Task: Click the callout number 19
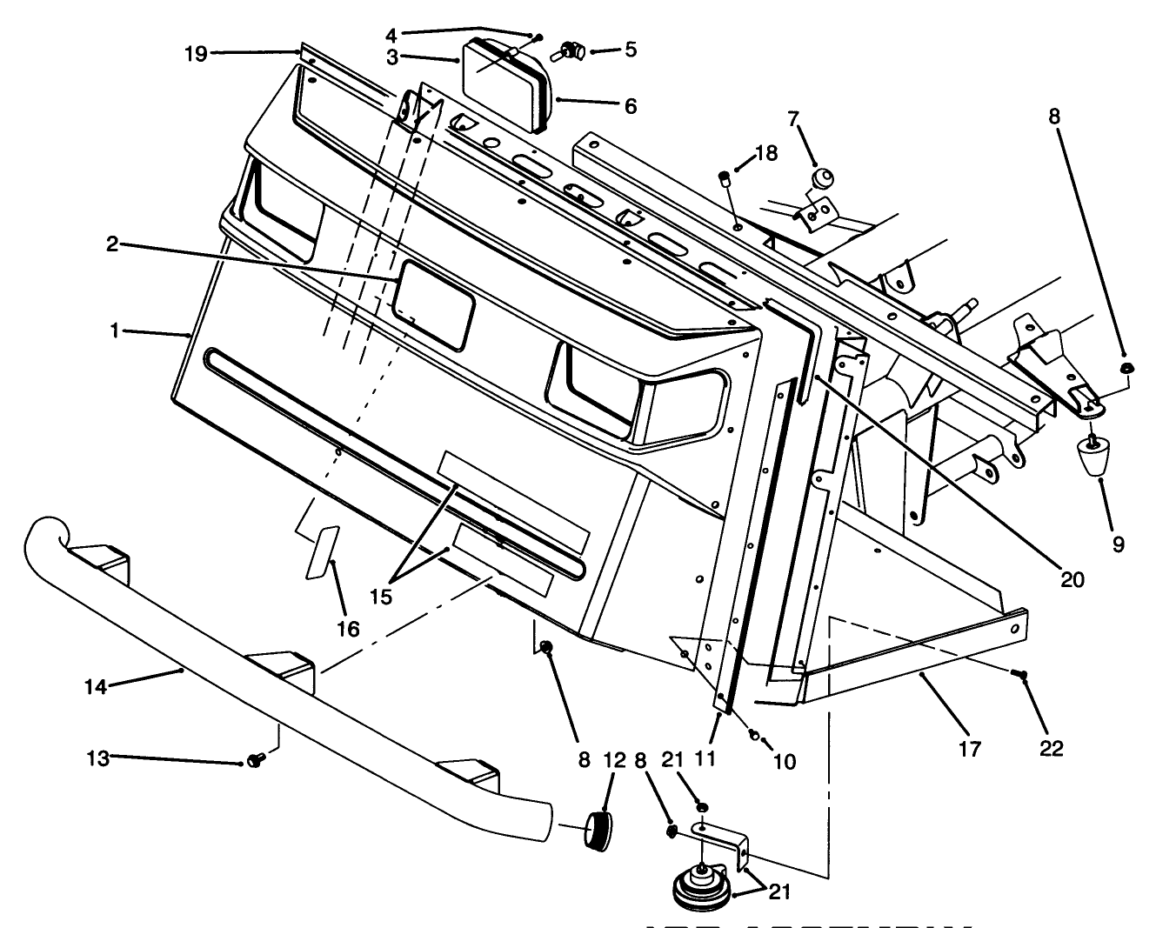pos(196,54)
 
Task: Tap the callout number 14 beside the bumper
pos(96,686)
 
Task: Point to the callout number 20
pos(1072,579)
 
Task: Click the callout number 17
pos(970,747)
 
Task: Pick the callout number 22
pos(1051,747)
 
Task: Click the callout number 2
pos(112,244)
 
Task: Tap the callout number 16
pos(348,628)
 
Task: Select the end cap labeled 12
pos(598,828)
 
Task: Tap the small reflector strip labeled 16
pos(321,551)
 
